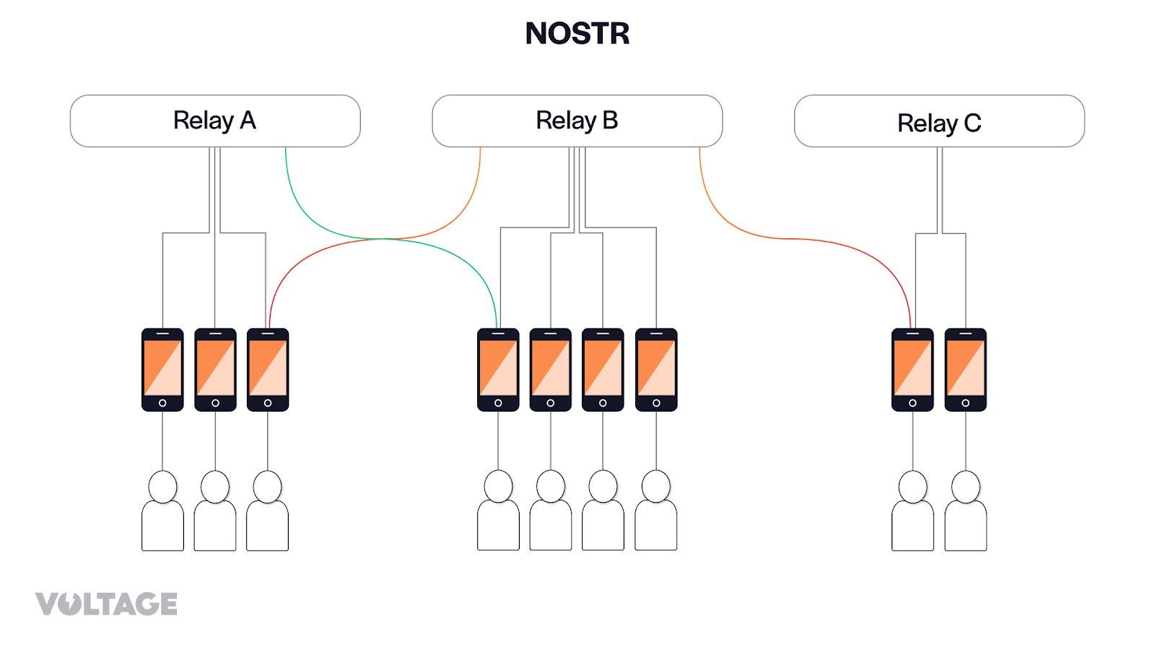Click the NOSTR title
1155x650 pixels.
(x=577, y=33)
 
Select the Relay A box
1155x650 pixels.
(x=215, y=121)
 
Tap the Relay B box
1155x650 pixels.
(x=577, y=121)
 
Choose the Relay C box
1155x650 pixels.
(x=939, y=121)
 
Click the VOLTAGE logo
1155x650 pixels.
(x=106, y=604)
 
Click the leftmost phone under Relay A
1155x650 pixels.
(x=162, y=370)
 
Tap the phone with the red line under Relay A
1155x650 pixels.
(x=268, y=370)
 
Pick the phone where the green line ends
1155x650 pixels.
(x=498, y=370)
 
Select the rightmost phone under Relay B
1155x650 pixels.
(x=656, y=370)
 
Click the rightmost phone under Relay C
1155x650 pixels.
(x=965, y=370)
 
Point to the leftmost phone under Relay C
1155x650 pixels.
(x=912, y=370)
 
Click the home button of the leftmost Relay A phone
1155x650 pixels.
(x=162, y=403)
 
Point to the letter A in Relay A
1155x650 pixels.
(x=248, y=121)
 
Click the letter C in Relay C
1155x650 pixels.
(x=972, y=123)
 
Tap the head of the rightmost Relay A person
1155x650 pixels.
(x=268, y=487)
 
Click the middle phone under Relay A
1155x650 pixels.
(x=215, y=370)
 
